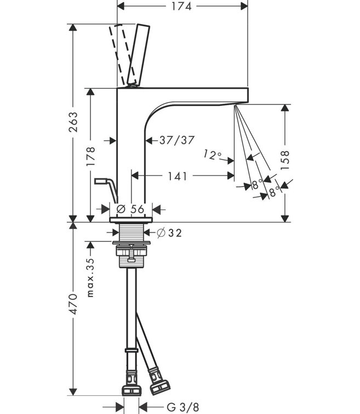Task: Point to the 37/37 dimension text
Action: tap(177, 140)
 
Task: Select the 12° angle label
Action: tap(211, 155)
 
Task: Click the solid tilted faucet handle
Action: tap(138, 54)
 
